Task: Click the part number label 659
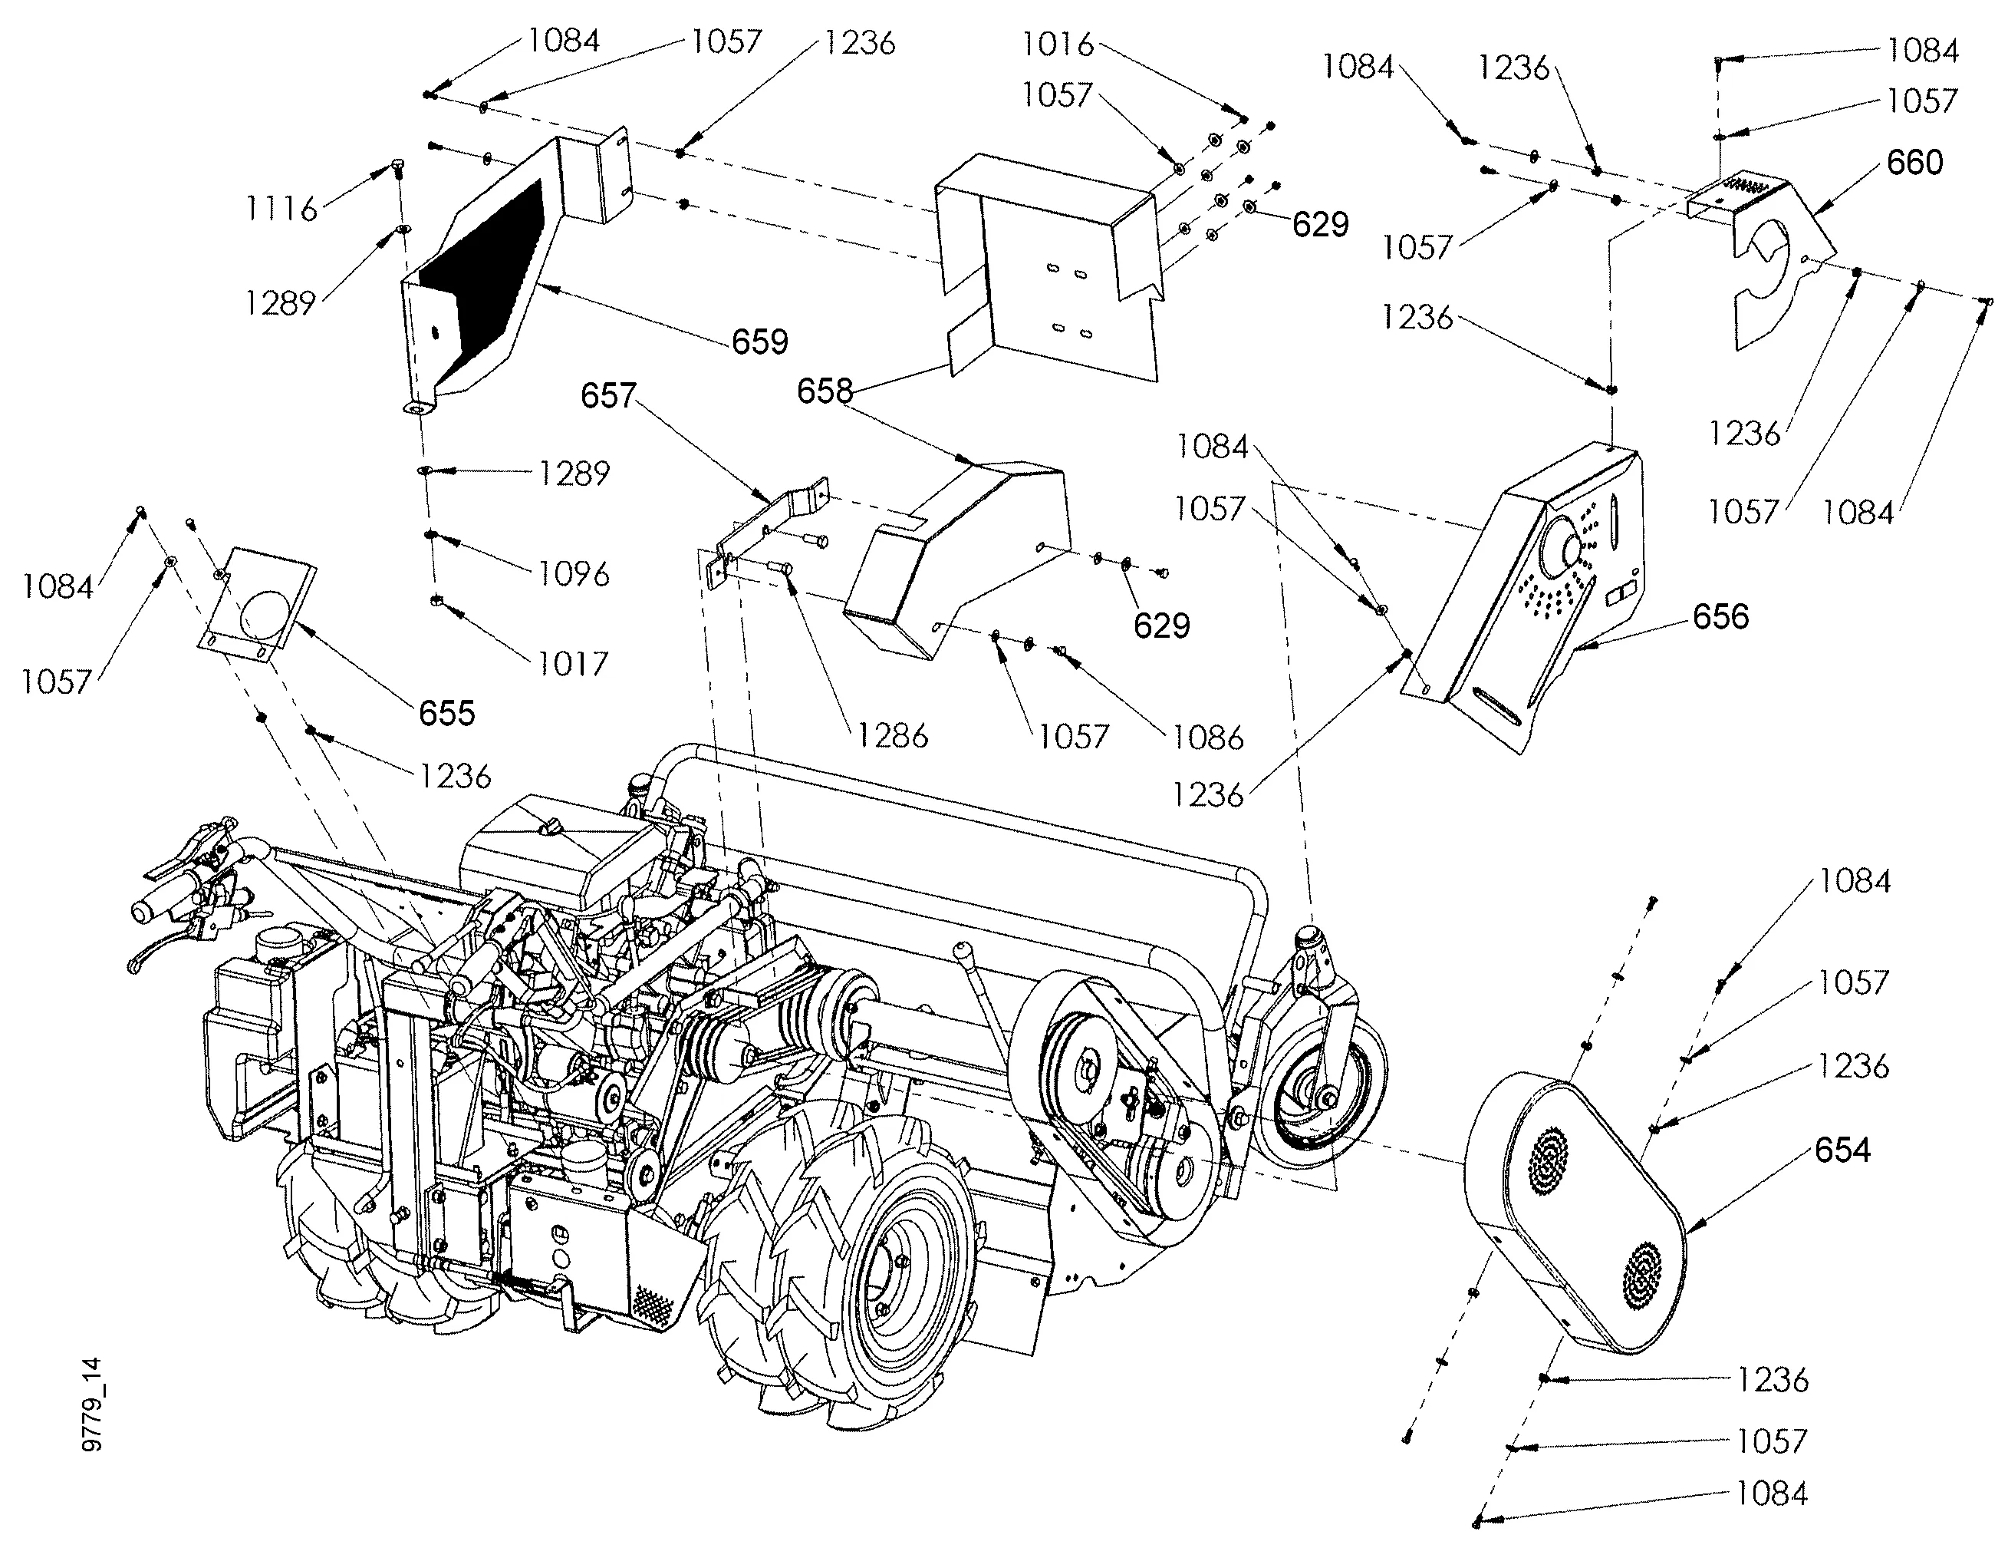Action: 759,342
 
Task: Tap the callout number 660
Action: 1914,163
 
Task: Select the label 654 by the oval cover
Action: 1842,1150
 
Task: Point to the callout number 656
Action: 1720,616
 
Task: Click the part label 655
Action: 447,713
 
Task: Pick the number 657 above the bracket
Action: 607,395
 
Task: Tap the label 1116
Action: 281,209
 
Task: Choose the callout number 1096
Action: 574,574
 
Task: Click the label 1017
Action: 572,663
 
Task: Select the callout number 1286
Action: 893,736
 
